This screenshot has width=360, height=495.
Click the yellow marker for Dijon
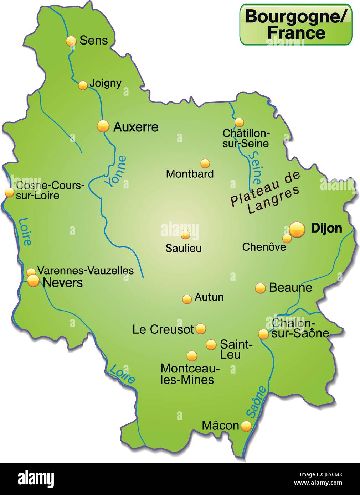297,229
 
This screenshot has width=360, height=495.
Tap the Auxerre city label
135,127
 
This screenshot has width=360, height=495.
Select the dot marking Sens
71,41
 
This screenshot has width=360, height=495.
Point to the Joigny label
106,83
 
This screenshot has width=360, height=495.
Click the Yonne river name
115,171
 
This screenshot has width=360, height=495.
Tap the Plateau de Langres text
265,194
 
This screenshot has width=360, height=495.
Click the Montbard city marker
205,163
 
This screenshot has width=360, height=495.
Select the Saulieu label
183,248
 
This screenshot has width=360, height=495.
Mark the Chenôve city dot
287,238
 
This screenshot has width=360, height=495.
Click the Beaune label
290,287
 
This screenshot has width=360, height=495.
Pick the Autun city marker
187,299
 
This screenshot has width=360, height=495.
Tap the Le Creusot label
163,329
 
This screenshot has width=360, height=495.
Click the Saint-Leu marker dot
211,344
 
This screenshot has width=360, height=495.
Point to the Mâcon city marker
246,426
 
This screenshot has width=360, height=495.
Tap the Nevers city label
63,283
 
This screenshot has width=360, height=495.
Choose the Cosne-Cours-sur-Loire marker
9,193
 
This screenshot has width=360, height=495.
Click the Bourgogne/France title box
295,25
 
